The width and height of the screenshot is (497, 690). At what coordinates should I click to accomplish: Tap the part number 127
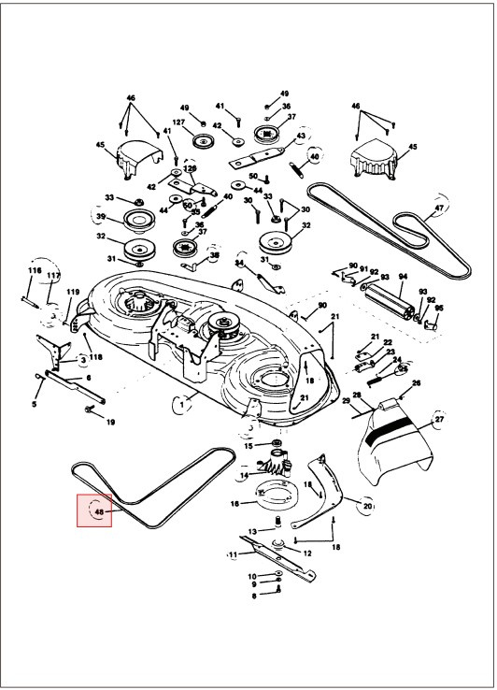[178, 122]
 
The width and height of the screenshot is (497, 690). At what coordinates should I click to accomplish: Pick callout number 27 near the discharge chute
[439, 421]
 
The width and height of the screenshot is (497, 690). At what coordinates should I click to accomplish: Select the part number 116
[35, 270]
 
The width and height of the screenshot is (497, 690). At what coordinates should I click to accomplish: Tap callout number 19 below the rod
[110, 423]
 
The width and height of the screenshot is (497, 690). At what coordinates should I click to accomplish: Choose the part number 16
[235, 502]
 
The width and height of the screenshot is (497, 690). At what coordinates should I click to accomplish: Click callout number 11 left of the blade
[232, 554]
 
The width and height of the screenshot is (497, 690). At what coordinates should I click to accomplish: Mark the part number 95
[439, 308]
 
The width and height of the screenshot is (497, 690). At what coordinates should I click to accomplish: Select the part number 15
[248, 446]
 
